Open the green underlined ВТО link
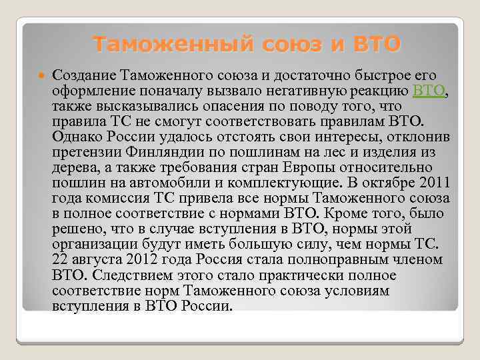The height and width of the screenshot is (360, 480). point(429,91)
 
